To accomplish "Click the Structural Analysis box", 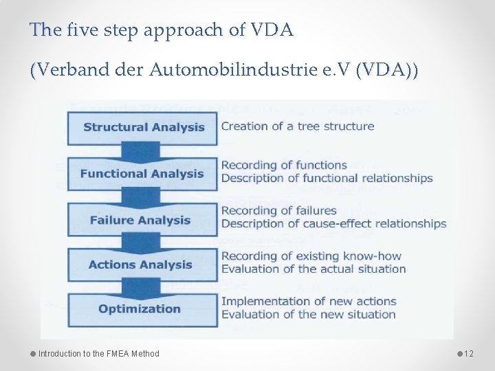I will [143, 127].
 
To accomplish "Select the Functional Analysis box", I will [142, 174].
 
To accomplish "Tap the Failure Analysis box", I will [140, 221].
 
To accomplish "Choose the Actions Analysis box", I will [140, 265].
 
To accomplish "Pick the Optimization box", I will [140, 309].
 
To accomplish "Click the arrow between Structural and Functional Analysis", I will [141, 151].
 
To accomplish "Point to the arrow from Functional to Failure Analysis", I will [141, 197].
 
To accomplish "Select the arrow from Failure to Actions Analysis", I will [141, 243].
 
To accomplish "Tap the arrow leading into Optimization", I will [141, 287].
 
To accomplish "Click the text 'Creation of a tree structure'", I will [298, 126].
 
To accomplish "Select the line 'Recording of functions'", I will [284, 165].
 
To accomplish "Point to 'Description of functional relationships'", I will [327, 179].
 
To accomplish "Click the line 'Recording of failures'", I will [279, 210].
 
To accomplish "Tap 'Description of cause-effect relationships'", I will [333, 224].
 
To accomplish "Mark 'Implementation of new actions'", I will [309, 301].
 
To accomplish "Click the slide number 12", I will [469, 354].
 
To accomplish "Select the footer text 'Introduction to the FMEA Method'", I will [98, 354].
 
